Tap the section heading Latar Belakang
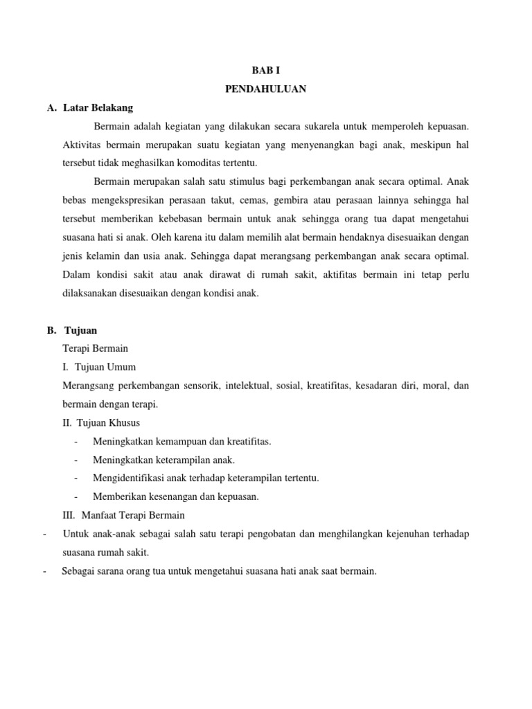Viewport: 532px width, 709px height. (x=98, y=108)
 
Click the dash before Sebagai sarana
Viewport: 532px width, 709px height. (x=44, y=571)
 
